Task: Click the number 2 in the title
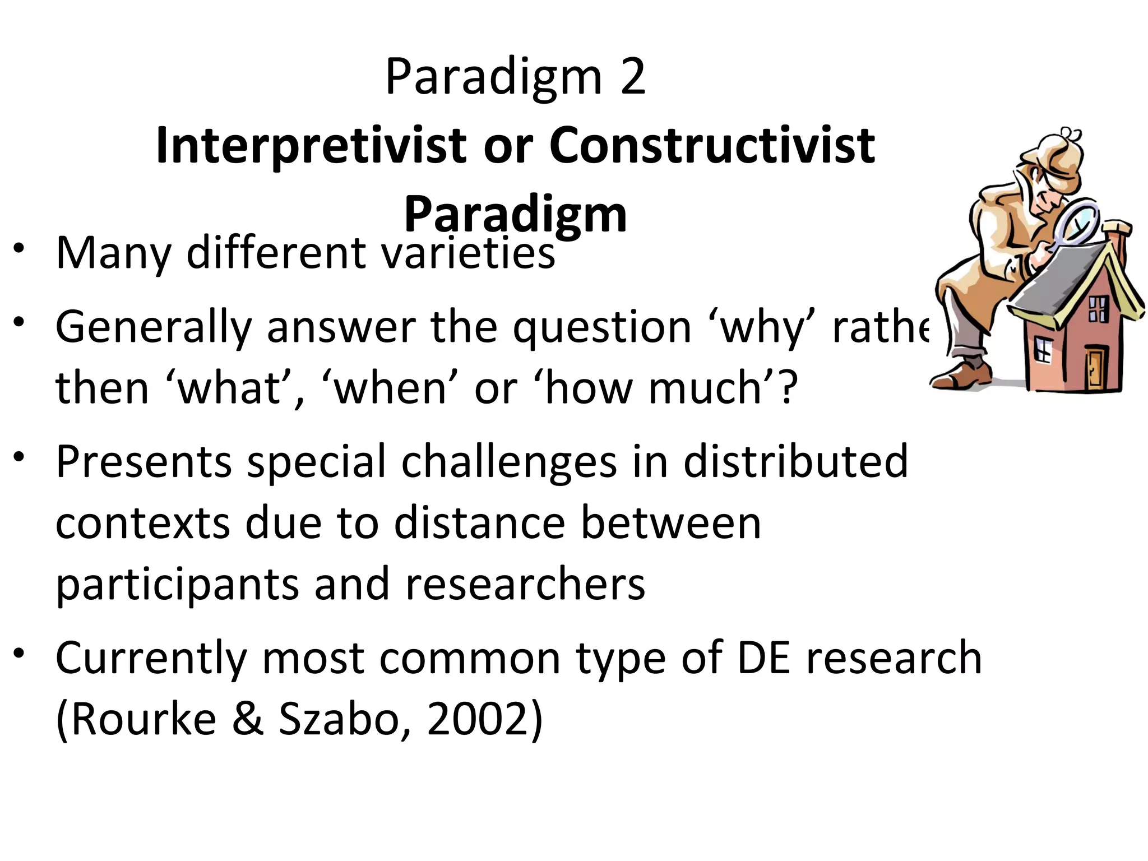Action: [x=633, y=77]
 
